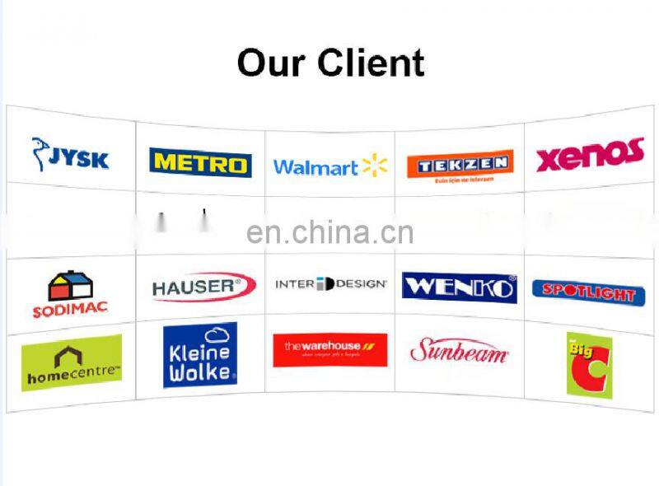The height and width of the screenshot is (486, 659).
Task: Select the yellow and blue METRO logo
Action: tap(200, 162)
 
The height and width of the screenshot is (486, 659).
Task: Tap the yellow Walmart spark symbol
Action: tap(374, 166)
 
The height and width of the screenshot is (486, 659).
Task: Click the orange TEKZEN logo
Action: tap(460, 164)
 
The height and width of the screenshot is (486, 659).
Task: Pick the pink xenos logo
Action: tap(589, 155)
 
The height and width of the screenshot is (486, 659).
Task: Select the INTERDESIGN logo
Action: tap(330, 284)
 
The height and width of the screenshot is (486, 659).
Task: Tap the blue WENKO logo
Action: tap(459, 287)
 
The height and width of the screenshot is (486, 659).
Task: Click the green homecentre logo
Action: tap(72, 362)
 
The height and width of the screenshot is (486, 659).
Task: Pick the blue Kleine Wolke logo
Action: tap(200, 355)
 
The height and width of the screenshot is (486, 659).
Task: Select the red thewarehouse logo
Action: tap(329, 350)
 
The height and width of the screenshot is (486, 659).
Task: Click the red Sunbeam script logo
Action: tap(459, 351)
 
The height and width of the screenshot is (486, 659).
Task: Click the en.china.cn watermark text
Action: tap(329, 233)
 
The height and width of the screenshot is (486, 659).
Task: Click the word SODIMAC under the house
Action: tap(70, 312)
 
